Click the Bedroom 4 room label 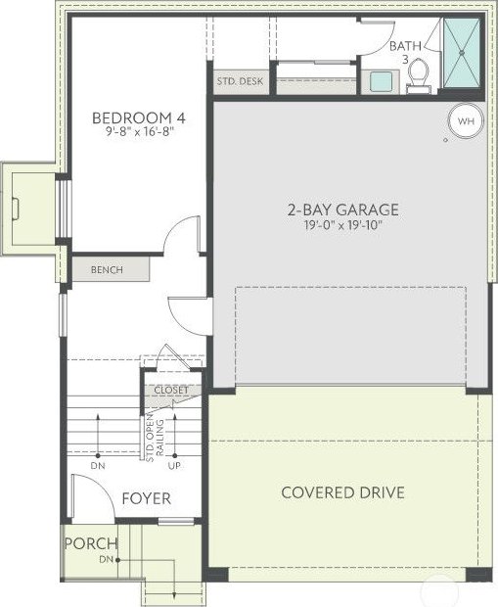(x=139, y=117)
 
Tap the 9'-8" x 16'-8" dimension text (x=139, y=132)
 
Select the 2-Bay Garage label (x=342, y=210)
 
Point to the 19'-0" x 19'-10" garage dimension (x=343, y=225)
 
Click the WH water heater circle (x=466, y=120)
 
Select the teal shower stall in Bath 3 (x=462, y=54)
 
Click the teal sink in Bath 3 (x=381, y=81)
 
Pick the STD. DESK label (x=240, y=81)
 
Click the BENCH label (x=107, y=270)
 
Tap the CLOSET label (x=171, y=391)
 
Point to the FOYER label (x=146, y=498)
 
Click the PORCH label (x=91, y=543)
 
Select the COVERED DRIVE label (x=342, y=492)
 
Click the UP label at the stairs (x=174, y=466)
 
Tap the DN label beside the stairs (x=98, y=466)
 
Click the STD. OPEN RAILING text (x=155, y=438)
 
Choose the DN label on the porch (x=107, y=560)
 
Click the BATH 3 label (x=405, y=52)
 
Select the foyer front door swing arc (x=102, y=487)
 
